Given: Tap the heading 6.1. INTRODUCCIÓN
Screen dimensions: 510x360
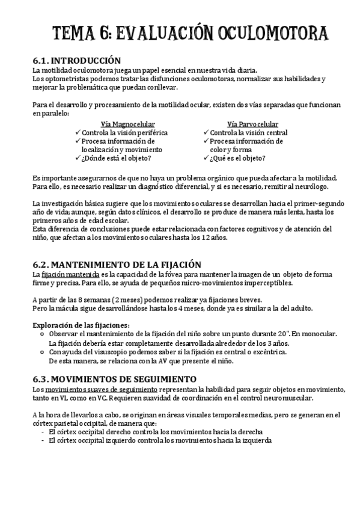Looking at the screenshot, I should (x=76, y=61).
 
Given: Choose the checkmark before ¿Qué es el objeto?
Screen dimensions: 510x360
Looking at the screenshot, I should (x=206, y=158).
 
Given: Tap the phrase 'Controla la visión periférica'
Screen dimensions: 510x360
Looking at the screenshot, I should (x=124, y=132).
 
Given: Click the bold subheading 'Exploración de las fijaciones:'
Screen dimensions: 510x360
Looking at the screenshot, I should (x=81, y=325).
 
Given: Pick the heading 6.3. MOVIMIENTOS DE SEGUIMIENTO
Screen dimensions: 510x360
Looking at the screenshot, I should (x=114, y=379).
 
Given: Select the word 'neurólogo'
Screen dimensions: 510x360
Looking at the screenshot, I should (x=287, y=188).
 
